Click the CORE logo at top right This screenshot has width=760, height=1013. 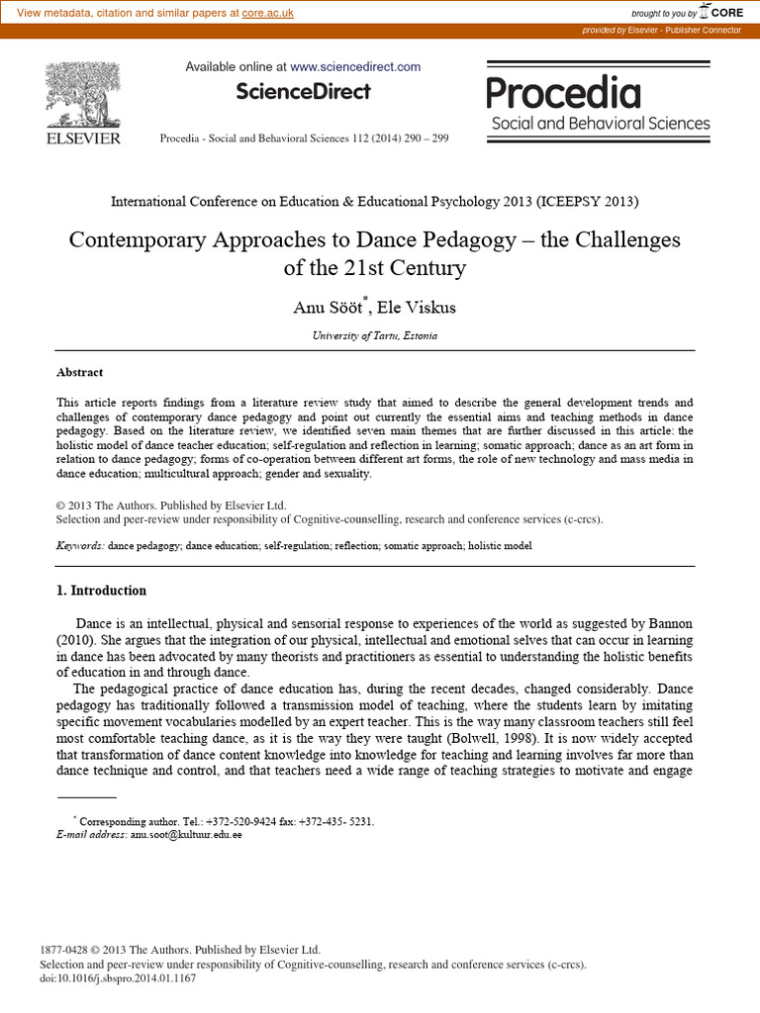click(721, 12)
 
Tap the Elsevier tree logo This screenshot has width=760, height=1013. click(83, 96)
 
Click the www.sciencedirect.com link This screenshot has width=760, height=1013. click(355, 66)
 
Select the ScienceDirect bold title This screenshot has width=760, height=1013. click(303, 92)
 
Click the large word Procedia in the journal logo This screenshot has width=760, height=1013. click(563, 94)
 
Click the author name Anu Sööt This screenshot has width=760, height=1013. click(327, 307)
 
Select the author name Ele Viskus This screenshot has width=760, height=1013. click(423, 307)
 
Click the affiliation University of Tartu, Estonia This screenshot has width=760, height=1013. click(374, 335)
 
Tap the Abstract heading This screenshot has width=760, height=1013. click(79, 373)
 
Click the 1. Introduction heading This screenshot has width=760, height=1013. click(101, 591)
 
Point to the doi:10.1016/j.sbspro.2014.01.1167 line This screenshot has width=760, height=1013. click(118, 978)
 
